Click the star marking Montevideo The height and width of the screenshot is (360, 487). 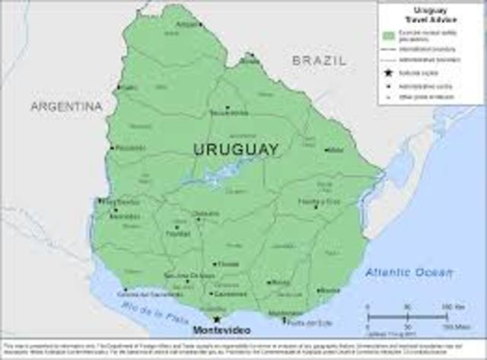pyautogui.click(x=217, y=320)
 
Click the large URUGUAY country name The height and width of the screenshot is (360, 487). pyautogui.click(x=235, y=149)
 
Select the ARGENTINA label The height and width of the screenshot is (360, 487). pyautogui.click(x=66, y=107)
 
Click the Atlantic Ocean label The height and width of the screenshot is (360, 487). pyautogui.click(x=409, y=272)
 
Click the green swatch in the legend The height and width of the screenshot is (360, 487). pyautogui.click(x=389, y=35)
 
